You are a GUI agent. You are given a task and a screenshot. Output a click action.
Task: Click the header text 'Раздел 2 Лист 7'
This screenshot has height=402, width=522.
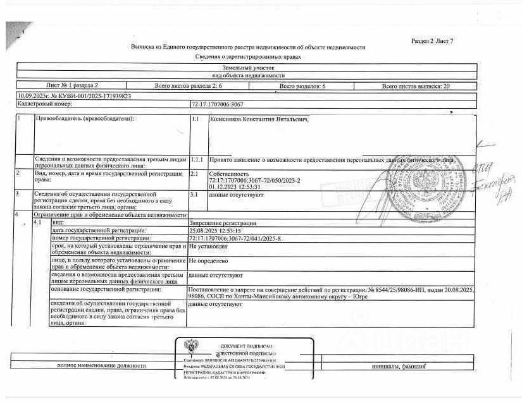coord(432,41)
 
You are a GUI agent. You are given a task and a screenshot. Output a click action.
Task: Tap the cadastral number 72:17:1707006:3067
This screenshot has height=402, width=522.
coord(217,103)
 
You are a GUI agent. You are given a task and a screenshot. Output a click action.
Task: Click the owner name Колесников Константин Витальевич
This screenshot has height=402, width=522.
coord(258,118)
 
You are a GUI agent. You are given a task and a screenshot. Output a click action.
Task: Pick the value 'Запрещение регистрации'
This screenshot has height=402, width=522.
coord(222,223)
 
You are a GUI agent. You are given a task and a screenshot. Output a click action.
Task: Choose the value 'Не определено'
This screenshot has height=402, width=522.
coord(208,260)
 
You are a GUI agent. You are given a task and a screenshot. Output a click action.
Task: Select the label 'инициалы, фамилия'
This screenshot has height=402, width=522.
coord(397,367)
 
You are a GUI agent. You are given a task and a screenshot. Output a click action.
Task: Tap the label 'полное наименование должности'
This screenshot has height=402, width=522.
coord(93,366)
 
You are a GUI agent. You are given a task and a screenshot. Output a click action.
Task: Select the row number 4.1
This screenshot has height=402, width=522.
coord(37,223)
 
